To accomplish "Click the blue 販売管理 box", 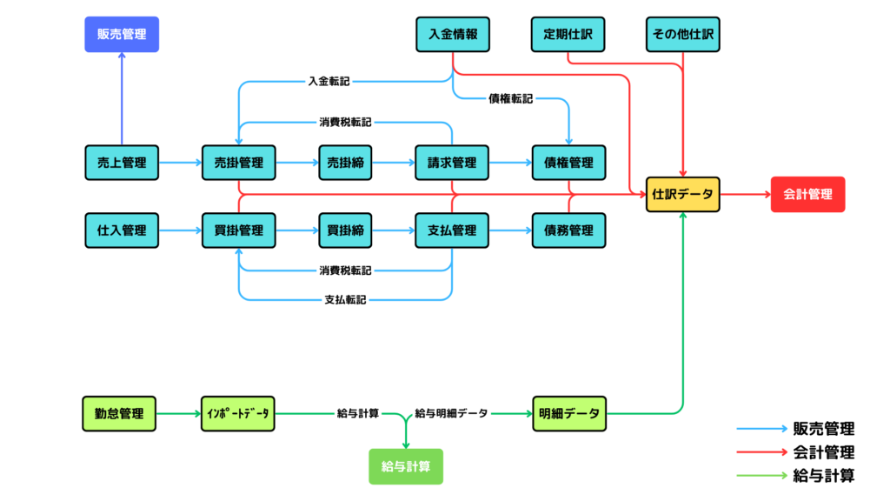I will click(x=122, y=35).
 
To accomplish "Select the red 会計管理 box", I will click(x=807, y=195).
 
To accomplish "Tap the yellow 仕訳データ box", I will click(x=682, y=195).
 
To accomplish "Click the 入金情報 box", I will click(x=452, y=35).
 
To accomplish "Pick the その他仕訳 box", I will click(x=683, y=35).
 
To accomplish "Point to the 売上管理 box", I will click(x=122, y=162).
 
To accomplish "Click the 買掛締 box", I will click(x=345, y=230).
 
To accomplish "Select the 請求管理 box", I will click(x=452, y=162).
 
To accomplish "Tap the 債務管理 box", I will click(x=568, y=230).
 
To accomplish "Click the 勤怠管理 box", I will click(x=119, y=413).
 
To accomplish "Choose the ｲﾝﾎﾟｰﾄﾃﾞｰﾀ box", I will click(x=237, y=413).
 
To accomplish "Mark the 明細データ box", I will click(x=568, y=413).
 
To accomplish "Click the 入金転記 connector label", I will click(x=329, y=82).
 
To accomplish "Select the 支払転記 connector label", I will click(x=345, y=300).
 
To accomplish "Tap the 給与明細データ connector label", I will click(x=451, y=413).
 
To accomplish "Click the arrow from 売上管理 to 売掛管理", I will click(x=180, y=162).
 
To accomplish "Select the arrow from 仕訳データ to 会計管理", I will click(x=745, y=195).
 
